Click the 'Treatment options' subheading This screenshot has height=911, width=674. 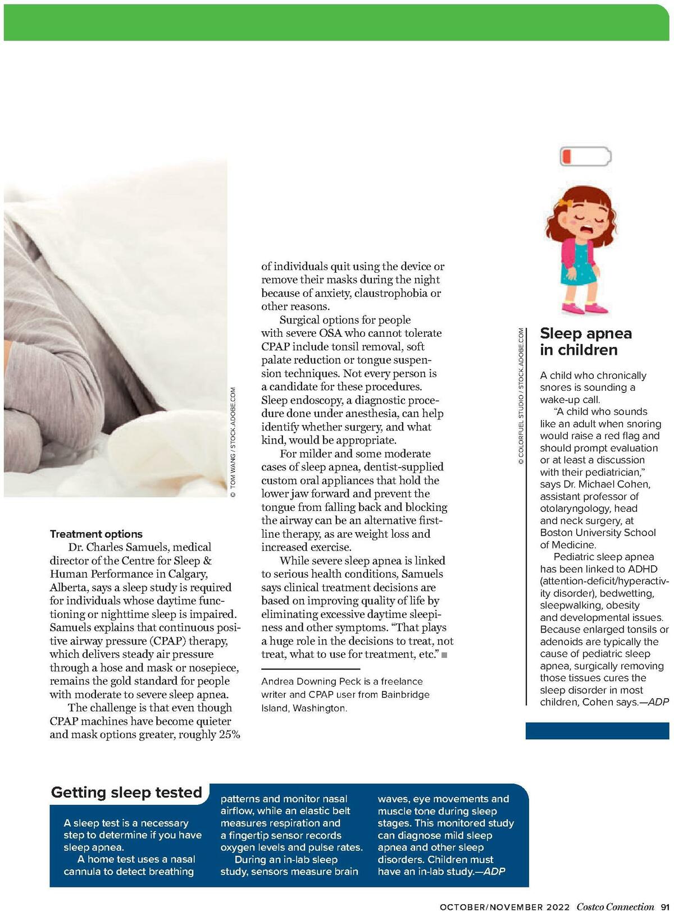coord(96,534)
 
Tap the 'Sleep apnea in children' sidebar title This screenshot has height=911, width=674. coord(585,341)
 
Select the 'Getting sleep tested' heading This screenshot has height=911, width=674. coord(126,792)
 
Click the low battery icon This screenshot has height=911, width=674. coord(585,156)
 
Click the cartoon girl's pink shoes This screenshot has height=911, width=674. coord(582,308)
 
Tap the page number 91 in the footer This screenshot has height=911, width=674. coord(664,906)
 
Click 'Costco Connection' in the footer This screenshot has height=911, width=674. coord(615,906)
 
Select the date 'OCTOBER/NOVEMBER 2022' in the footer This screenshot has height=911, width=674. coord(504,907)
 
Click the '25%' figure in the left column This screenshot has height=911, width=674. coord(229,735)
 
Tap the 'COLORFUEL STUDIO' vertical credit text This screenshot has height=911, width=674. coord(521,428)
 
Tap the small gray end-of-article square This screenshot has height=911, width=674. coord(444,655)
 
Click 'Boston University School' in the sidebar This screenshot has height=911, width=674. coord(598,533)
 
